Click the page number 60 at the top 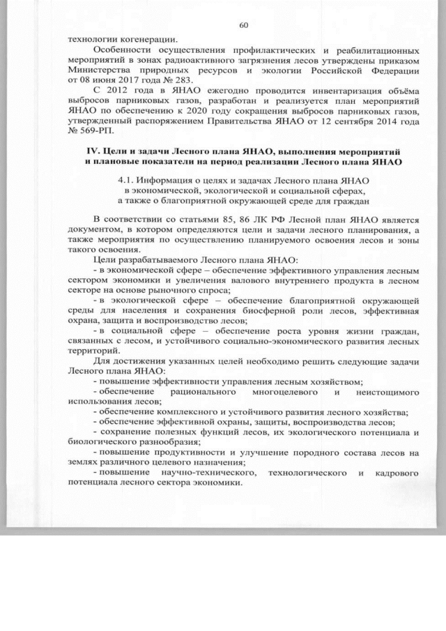(243, 26)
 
